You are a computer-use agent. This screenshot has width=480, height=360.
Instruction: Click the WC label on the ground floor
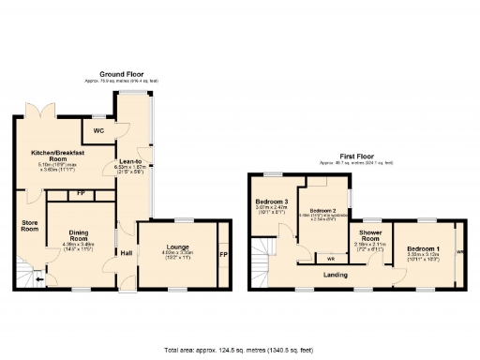pyautogui.click(x=98, y=131)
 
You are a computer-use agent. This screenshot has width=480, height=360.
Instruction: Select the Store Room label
pyautogui.click(x=29, y=224)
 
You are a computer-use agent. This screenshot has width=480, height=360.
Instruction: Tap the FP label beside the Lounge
pyautogui.click(x=222, y=255)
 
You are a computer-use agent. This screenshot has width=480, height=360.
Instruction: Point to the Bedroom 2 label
pyautogui.click(x=324, y=211)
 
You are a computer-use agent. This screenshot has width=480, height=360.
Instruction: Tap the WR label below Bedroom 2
pyautogui.click(x=306, y=257)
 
